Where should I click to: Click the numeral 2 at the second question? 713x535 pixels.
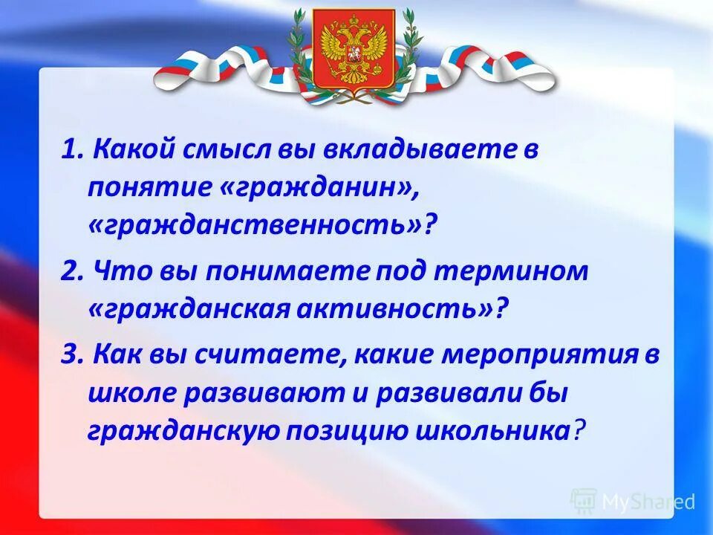tap(68, 272)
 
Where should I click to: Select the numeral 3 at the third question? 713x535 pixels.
tap(68, 356)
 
